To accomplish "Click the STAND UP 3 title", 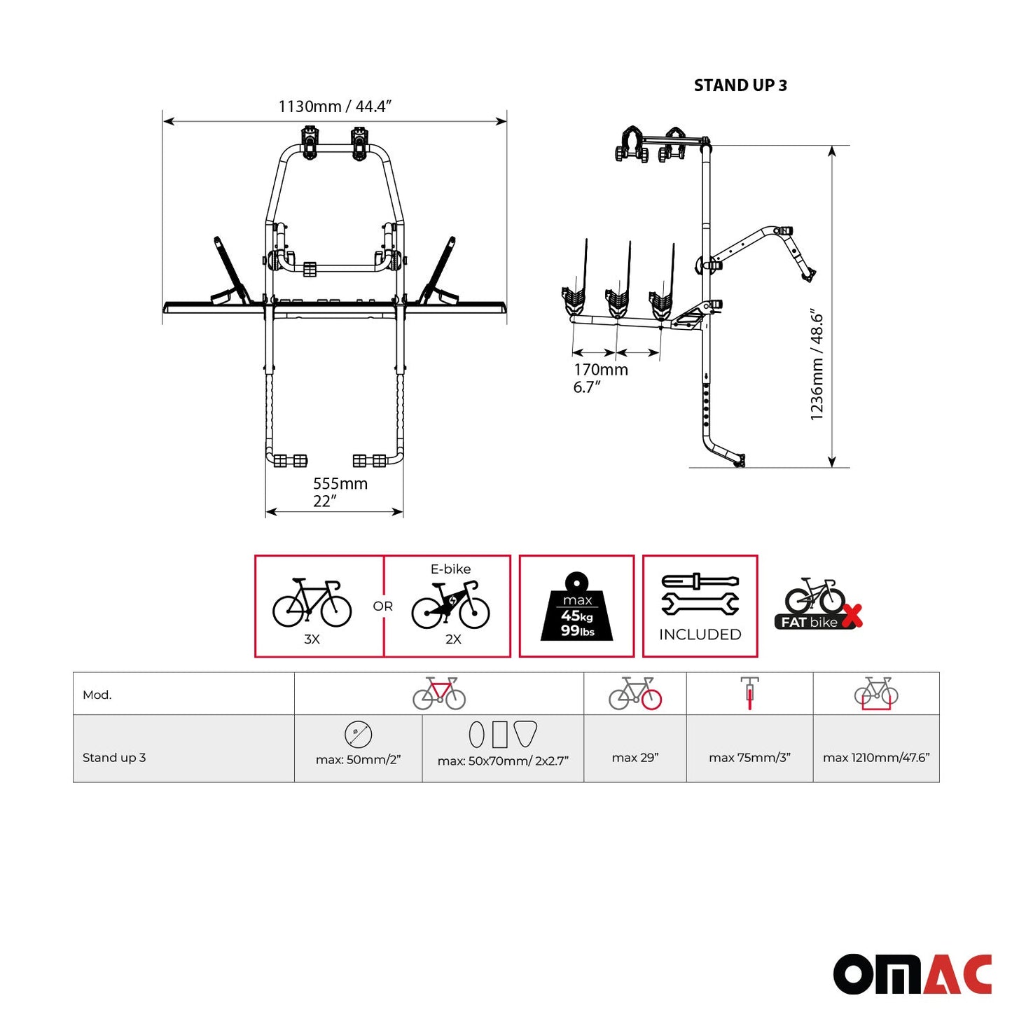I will pyautogui.click(x=740, y=85).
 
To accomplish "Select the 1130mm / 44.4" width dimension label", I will pyautogui.click(x=334, y=106).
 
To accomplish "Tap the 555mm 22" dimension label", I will pyautogui.click(x=340, y=492).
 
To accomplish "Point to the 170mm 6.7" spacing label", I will pyautogui.click(x=600, y=378).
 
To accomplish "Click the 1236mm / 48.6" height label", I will pyautogui.click(x=817, y=364).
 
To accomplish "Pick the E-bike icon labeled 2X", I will pyautogui.click(x=450, y=606).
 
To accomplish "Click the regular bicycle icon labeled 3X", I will pyautogui.click(x=312, y=603).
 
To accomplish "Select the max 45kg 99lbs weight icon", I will pyautogui.click(x=576, y=607).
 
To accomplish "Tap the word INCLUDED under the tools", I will pyautogui.click(x=700, y=635).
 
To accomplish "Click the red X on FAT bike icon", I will pyautogui.click(x=851, y=616).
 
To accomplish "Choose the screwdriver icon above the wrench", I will pyautogui.click(x=700, y=581).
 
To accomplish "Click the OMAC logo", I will pyautogui.click(x=912, y=973).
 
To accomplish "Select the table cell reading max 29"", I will pyautogui.click(x=635, y=758).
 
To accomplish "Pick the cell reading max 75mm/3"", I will pyautogui.click(x=749, y=758).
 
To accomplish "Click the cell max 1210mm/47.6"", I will pyautogui.click(x=875, y=758).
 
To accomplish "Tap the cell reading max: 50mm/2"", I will pyautogui.click(x=358, y=760).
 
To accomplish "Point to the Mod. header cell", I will pyautogui.click(x=97, y=695).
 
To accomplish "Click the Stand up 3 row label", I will pyautogui.click(x=114, y=758).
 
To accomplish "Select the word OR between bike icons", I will pyautogui.click(x=382, y=606).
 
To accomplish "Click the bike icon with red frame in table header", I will pyautogui.click(x=439, y=693).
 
